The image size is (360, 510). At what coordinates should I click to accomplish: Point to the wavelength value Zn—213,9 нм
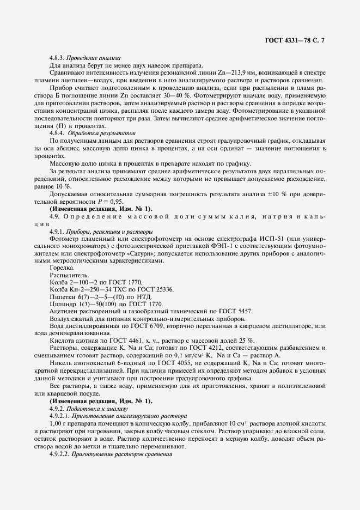point(231,72)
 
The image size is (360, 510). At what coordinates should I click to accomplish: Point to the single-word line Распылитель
point(66,276)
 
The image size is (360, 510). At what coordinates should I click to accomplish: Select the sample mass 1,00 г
point(58,423)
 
